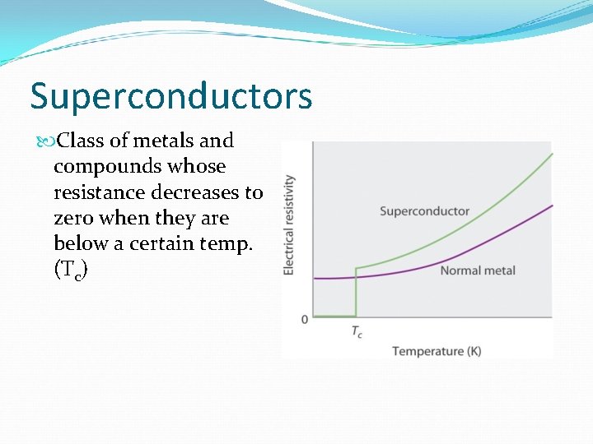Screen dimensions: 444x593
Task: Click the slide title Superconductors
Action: [171, 96]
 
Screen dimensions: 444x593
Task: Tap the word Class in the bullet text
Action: [82, 141]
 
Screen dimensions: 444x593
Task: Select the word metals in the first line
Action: [152, 141]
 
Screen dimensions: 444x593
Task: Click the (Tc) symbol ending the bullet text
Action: [70, 271]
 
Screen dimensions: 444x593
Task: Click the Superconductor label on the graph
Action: [424, 211]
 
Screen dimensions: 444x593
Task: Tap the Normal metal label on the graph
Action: [477, 271]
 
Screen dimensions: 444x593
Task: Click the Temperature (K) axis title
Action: [437, 351]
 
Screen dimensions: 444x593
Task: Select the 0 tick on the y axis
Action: [304, 318]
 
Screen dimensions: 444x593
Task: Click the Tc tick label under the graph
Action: [356, 332]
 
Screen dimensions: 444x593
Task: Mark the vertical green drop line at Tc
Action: [356, 292]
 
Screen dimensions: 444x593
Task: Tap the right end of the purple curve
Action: [549, 206]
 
